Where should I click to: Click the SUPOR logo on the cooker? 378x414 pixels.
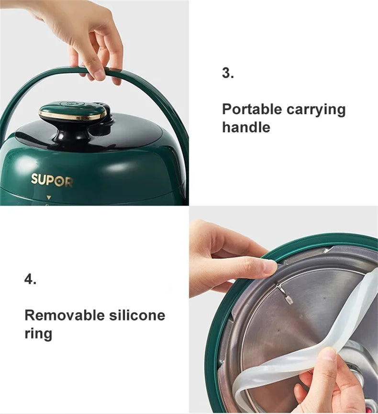[52, 180]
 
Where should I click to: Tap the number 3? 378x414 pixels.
[227, 73]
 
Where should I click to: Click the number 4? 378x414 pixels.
[30, 279]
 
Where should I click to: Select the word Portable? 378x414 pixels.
[252, 109]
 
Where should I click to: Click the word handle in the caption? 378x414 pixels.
[246, 127]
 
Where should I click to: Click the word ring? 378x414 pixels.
[38, 333]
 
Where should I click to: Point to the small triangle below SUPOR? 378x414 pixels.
[48, 197]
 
